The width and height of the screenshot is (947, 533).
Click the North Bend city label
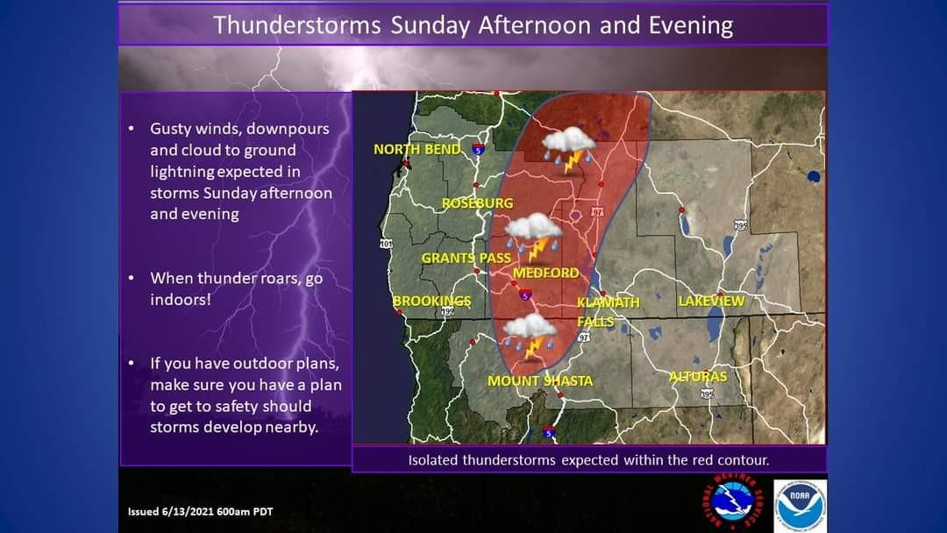417,149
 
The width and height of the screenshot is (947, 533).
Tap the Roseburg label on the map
478,203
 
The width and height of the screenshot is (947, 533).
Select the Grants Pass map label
466,259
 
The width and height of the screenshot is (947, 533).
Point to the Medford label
546,273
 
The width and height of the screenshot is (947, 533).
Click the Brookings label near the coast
431,301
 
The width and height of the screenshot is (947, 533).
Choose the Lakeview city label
711,301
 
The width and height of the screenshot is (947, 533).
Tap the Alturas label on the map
698,376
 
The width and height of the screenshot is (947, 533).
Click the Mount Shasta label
540,380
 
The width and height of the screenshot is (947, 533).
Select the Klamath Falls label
608,311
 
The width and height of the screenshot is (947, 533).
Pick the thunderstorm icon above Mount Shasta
530,337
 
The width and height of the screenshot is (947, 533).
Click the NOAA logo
801,506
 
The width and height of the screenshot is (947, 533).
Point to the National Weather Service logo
733,502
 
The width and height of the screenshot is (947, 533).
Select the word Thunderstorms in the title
297,26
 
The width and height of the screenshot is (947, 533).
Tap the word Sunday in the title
430,26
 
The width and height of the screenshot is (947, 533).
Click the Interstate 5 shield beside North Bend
479,149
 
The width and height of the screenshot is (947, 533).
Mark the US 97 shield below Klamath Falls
584,338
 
